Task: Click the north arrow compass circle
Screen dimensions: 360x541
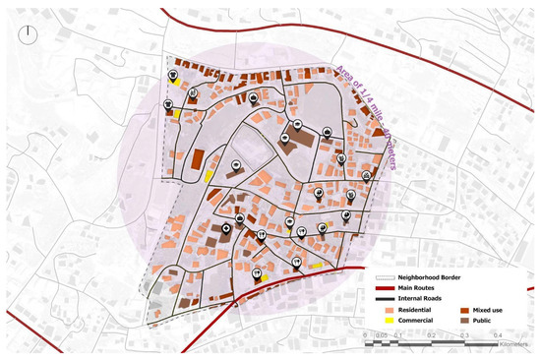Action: pos(32,33)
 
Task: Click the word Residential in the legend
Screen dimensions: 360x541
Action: pos(411,310)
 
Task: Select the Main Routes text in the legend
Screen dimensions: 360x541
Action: pos(417,289)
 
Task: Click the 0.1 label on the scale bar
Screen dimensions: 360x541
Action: pos(399,335)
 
